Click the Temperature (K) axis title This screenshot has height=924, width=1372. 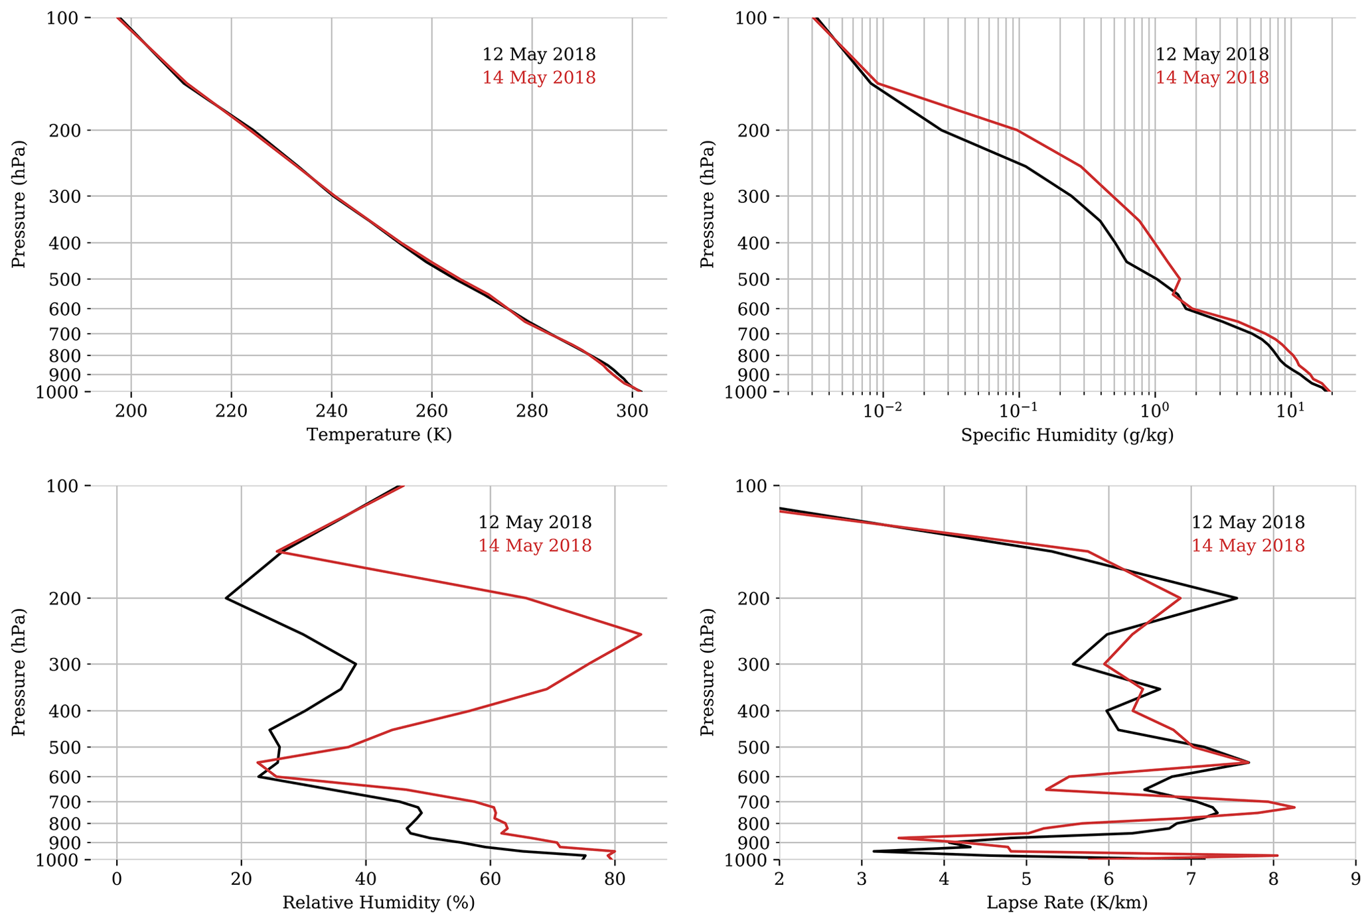tap(379, 435)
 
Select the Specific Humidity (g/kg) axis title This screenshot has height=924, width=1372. tap(1067, 435)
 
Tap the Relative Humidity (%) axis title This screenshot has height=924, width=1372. tap(378, 903)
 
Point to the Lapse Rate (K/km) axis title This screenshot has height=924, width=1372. tap(1067, 903)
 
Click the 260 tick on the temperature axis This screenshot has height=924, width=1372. tap(432, 411)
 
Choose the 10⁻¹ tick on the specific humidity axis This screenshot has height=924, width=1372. tap(1018, 411)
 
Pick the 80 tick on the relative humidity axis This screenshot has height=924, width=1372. tap(615, 880)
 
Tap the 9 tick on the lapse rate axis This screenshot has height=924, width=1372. tap(1356, 880)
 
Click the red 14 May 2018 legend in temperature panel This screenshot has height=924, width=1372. tap(538, 78)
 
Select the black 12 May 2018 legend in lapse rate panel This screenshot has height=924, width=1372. tap(1248, 523)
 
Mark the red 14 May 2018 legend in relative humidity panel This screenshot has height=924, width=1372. tap(534, 546)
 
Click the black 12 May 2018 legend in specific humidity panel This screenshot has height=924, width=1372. tap(1212, 54)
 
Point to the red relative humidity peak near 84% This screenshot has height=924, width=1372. tap(641, 635)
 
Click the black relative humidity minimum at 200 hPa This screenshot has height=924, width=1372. tap(226, 598)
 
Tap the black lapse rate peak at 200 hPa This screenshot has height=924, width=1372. tap(1237, 598)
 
